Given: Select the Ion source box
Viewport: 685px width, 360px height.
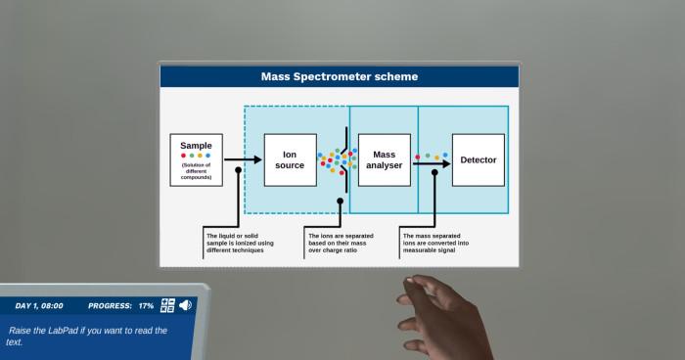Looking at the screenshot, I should pyautogui.click(x=290, y=160).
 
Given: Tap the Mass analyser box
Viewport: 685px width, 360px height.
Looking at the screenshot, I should pyautogui.click(x=384, y=160).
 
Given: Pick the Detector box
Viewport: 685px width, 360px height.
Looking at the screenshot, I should pyautogui.click(x=478, y=160).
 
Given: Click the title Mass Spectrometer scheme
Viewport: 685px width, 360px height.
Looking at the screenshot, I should pyautogui.click(x=340, y=76).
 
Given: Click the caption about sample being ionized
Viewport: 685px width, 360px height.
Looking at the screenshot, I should pyautogui.click(x=240, y=242).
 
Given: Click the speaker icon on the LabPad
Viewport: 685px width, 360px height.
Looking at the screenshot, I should pyautogui.click(x=186, y=305).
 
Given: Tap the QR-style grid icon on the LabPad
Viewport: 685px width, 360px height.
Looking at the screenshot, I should pyautogui.click(x=167, y=305).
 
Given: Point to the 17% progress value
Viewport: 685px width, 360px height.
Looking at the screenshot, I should pyautogui.click(x=146, y=306).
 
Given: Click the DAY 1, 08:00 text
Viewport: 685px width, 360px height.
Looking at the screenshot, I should pyautogui.click(x=39, y=306).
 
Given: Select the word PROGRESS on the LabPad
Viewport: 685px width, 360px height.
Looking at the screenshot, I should pyautogui.click(x=109, y=306).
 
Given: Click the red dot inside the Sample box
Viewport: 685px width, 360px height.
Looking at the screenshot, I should pyautogui.click(x=183, y=156).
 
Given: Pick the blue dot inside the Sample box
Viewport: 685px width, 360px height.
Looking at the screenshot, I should pyautogui.click(x=207, y=156).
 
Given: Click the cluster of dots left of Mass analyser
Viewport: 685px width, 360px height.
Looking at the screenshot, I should pyautogui.click(x=336, y=160).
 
